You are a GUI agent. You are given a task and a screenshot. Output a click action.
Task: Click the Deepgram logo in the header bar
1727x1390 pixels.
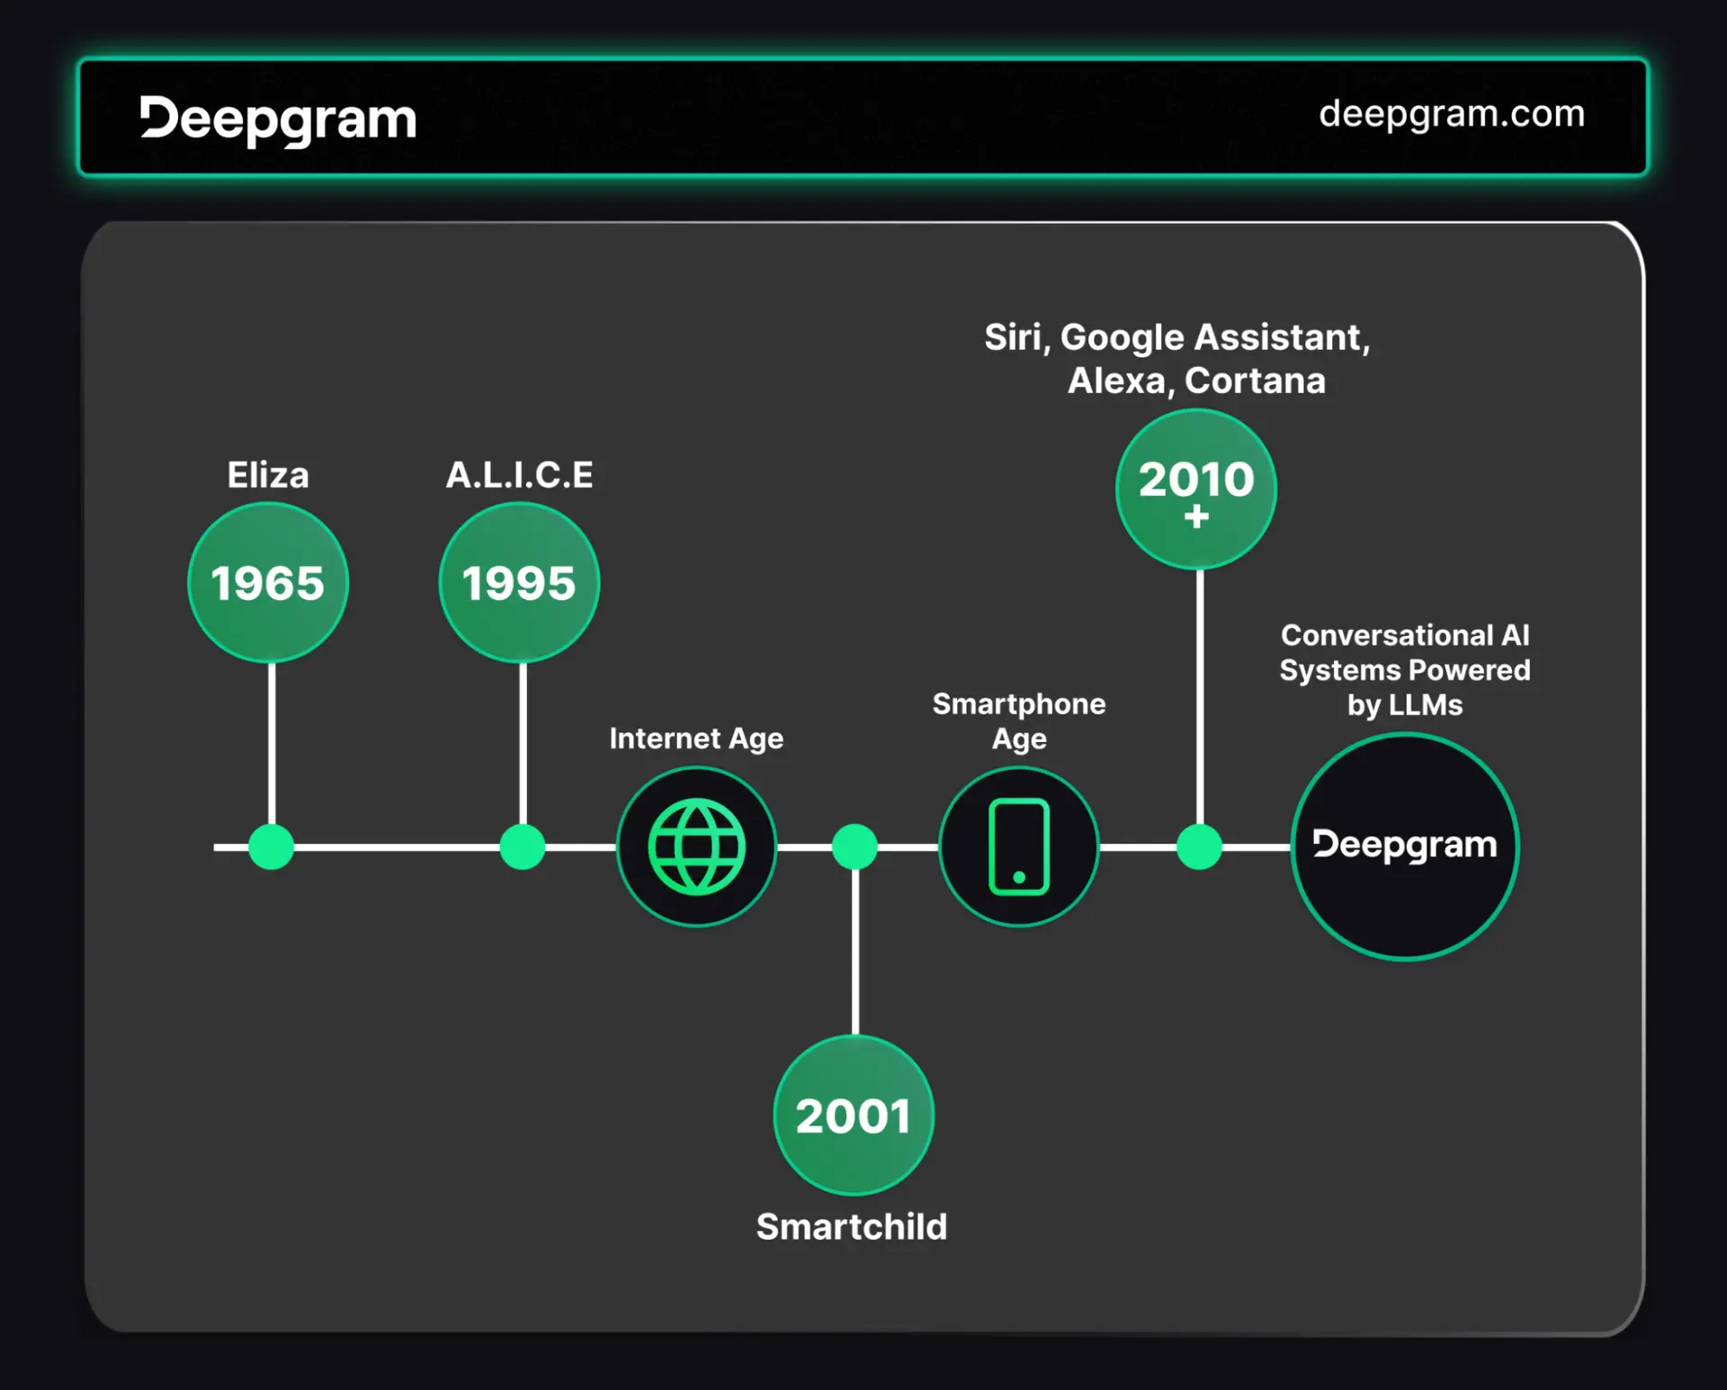coord(278,120)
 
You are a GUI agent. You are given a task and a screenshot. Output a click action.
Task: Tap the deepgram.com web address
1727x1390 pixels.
coord(1451,114)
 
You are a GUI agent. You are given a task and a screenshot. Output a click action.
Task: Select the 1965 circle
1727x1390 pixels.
coord(268,583)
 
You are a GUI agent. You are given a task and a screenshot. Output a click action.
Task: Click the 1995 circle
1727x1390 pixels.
coord(519,583)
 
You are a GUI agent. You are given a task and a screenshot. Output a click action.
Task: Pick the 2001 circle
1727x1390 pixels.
coord(854,1116)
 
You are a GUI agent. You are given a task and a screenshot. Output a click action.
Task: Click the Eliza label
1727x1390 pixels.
coord(268,475)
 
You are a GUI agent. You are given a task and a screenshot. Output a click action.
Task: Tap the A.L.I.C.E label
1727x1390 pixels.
coord(519,475)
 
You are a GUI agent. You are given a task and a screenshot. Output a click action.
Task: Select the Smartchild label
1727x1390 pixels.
coord(852,1226)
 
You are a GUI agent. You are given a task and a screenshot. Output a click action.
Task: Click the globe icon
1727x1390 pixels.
coord(697,847)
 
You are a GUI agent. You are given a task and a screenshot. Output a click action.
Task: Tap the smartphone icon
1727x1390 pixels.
coord(1019,847)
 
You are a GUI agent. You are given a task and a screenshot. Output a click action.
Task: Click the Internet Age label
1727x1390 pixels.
coord(696,739)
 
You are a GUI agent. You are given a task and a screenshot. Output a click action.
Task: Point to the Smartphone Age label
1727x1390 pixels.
coord(1019,721)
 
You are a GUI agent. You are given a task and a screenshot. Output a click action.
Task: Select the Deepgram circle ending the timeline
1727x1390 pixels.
coord(1405,847)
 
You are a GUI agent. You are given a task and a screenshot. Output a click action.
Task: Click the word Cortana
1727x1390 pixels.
coord(1255,381)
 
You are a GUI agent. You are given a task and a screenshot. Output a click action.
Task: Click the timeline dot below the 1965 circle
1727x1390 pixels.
coord(271,847)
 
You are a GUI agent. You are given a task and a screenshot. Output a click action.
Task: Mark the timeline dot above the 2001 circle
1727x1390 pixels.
coord(855,847)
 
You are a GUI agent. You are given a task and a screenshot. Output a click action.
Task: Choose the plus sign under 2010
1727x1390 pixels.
coord(1196,516)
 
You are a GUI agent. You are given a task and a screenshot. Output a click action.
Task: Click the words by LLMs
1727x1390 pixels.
coord(1405,704)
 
